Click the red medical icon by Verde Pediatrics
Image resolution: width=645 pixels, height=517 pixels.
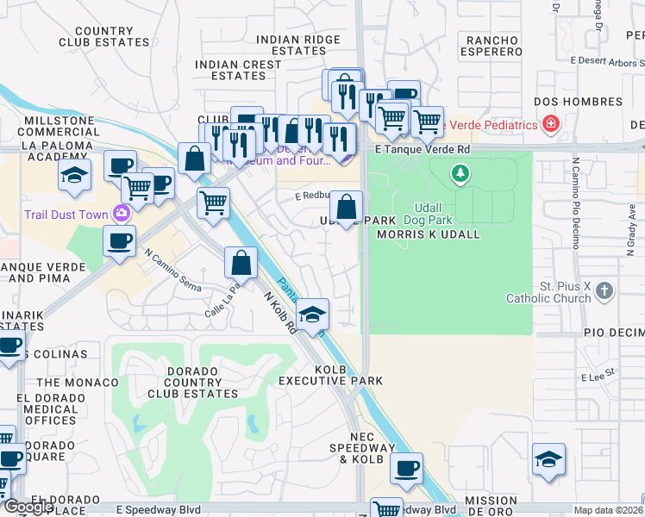click(550, 125)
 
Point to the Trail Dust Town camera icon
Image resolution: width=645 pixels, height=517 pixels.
click(122, 215)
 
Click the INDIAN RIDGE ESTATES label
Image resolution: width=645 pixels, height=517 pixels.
click(298, 45)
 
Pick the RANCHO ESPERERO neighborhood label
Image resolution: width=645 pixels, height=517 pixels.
click(494, 45)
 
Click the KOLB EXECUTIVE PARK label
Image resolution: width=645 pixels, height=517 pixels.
click(330, 375)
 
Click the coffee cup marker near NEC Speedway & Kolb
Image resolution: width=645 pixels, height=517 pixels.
click(406, 468)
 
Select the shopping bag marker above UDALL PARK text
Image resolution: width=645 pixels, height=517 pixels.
click(346, 207)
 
